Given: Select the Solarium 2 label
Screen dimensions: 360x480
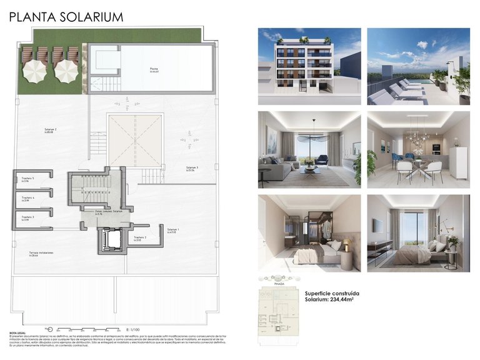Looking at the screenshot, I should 51,130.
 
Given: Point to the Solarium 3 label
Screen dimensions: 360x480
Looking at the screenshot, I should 192,168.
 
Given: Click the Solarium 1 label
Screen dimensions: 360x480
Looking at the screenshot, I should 173,231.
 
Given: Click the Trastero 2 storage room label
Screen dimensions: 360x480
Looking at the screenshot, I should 141,238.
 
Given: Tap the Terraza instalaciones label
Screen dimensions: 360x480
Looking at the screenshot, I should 41,253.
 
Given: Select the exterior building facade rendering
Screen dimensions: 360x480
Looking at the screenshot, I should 309,66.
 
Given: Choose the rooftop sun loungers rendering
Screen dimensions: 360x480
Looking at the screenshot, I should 418,66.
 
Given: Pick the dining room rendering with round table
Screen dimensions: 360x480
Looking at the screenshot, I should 418,149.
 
